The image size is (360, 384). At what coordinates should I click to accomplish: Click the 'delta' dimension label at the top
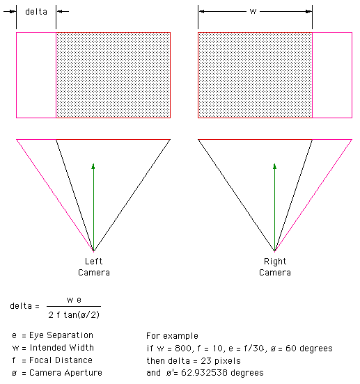tap(36, 12)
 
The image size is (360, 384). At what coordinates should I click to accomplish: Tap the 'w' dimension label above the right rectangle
tap(253, 12)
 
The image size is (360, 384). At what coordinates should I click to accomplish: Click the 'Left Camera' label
tap(93, 267)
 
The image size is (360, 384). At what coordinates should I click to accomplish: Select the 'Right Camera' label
tap(275, 267)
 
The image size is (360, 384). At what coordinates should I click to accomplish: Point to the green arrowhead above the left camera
tap(93, 166)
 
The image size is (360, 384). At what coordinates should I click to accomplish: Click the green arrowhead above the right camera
tap(274, 166)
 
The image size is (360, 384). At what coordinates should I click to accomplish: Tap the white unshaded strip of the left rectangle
tap(36, 75)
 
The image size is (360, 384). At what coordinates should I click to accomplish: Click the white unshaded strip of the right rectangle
tap(332, 75)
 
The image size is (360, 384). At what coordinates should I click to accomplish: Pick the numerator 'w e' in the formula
tap(74, 300)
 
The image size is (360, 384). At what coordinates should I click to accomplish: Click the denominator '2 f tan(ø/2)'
tap(74, 314)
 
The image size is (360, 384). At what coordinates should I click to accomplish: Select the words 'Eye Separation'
tap(61, 335)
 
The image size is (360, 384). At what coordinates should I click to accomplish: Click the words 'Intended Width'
tap(62, 348)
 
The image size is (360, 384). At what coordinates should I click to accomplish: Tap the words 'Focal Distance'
tap(61, 360)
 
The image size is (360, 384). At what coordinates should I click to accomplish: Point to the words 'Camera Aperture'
tap(65, 373)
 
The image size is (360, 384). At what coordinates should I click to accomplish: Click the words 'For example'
tap(172, 336)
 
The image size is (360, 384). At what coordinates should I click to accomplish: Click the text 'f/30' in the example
tap(254, 349)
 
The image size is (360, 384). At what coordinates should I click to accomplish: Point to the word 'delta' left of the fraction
tap(21, 306)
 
